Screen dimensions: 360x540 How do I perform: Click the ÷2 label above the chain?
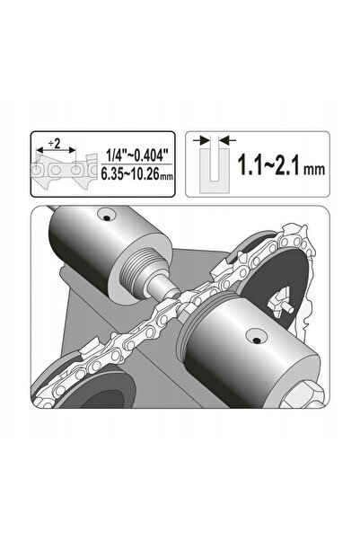[55, 143]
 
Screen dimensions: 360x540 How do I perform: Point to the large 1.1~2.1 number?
[269, 165]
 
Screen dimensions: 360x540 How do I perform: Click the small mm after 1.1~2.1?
[313, 169]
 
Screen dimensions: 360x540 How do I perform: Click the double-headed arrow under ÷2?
[56, 150]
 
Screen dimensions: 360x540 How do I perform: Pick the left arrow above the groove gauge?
[202, 140]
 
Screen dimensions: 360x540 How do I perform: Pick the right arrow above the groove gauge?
[228, 140]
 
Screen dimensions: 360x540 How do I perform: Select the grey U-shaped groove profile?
[215, 170]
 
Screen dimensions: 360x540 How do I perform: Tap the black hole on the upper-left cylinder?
[107, 218]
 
